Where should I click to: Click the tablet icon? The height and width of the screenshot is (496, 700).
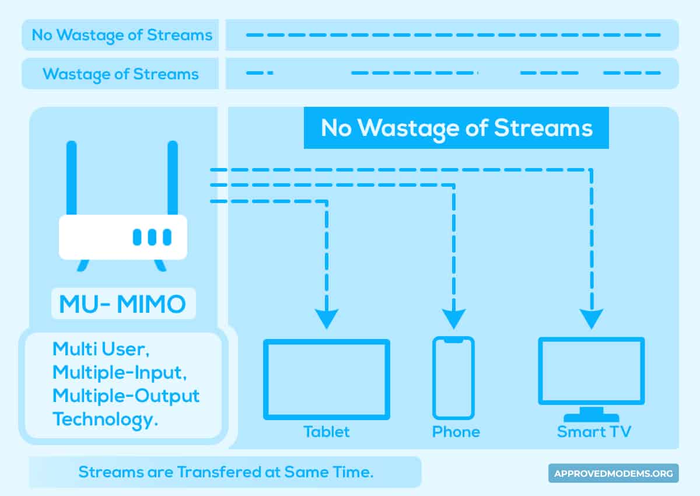click(264, 379)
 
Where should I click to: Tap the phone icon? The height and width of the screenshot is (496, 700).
click(435, 378)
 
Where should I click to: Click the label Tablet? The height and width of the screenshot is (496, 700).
click(326, 432)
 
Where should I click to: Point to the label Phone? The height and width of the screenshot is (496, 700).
click(456, 432)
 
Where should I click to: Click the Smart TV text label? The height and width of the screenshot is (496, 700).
click(594, 432)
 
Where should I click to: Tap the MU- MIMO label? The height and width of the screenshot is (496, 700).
click(123, 304)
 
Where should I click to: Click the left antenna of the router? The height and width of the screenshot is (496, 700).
click(72, 177)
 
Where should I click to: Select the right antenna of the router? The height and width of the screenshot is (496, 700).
click(173, 177)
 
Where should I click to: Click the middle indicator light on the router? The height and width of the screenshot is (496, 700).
click(152, 237)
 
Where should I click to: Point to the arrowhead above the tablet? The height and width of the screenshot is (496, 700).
click(327, 319)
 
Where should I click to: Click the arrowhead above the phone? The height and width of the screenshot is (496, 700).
click(454, 319)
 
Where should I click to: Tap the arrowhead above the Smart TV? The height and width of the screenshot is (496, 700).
click(591, 319)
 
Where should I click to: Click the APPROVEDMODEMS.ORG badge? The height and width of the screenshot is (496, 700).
click(614, 473)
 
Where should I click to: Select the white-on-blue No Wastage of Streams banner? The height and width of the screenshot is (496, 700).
click(456, 128)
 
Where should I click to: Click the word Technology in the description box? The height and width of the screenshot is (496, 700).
click(106, 420)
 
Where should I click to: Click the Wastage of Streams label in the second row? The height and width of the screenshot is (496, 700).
click(121, 74)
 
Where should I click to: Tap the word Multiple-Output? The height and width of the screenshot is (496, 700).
click(126, 396)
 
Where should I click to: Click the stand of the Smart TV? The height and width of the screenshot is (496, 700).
click(591, 415)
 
